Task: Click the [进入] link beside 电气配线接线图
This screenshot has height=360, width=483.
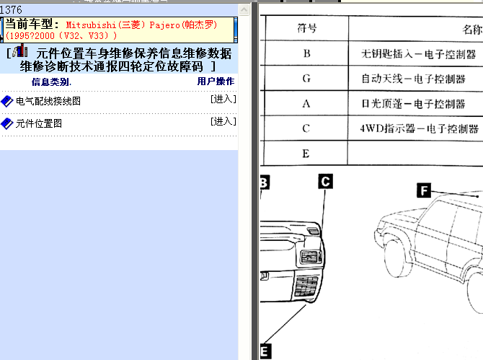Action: [x=223, y=99]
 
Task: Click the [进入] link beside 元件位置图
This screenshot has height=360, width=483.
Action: [x=223, y=121]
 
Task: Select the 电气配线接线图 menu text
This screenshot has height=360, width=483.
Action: [x=48, y=101]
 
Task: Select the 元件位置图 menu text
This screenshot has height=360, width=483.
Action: [x=39, y=123]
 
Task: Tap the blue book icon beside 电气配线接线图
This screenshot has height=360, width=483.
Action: [x=6, y=102]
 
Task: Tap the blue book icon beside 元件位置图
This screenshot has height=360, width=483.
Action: [x=6, y=123]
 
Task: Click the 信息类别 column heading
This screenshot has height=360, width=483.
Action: [x=51, y=82]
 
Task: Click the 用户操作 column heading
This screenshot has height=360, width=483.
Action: [x=216, y=82]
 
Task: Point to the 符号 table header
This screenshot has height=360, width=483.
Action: [x=307, y=28]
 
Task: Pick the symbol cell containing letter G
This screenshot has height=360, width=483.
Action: [x=306, y=79]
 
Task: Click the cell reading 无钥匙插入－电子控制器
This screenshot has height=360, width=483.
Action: [x=419, y=54]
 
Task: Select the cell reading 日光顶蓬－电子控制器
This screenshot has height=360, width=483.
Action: [x=413, y=104]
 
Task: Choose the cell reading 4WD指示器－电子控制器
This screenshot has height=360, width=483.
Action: [x=420, y=128]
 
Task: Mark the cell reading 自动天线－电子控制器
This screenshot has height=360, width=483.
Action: [x=413, y=79]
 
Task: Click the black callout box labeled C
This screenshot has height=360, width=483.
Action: [x=326, y=182]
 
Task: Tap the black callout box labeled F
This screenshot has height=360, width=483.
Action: [x=424, y=190]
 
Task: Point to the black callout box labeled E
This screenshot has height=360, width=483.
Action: [x=265, y=351]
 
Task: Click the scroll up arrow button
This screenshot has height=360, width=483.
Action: [x=244, y=10]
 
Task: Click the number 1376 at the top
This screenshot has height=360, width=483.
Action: [x=11, y=10]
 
